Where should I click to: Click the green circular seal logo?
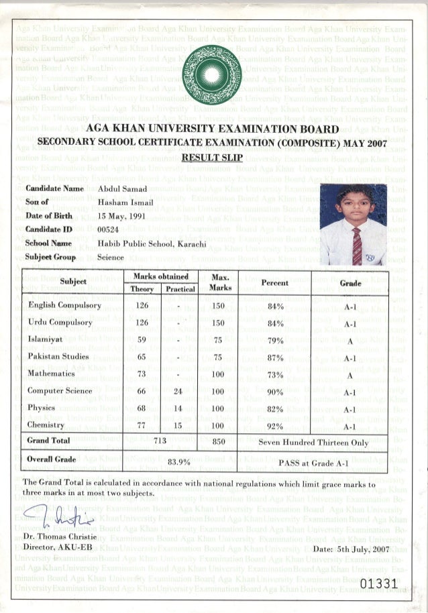tap(213, 75)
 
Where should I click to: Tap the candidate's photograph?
tap(353, 225)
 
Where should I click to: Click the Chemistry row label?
tap(46, 425)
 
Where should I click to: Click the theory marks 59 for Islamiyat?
tap(142, 340)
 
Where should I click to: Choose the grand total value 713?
tap(159, 441)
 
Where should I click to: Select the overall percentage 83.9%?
tap(179, 462)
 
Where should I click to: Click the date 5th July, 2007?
tap(351, 549)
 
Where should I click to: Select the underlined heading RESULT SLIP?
tap(213, 158)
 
